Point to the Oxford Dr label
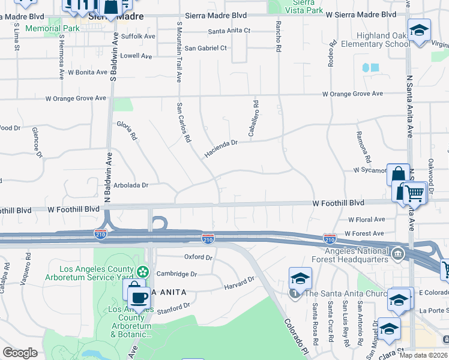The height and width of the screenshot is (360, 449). click(x=198, y=257)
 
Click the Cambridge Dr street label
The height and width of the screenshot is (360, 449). click(x=176, y=274)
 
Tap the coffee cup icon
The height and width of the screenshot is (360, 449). click(x=139, y=298)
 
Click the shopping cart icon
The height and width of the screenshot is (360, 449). click(x=414, y=193)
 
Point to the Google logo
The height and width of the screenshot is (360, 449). click(x=20, y=353)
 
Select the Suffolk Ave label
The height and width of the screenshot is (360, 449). click(x=137, y=37)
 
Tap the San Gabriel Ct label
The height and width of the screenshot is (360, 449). click(x=206, y=48)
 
